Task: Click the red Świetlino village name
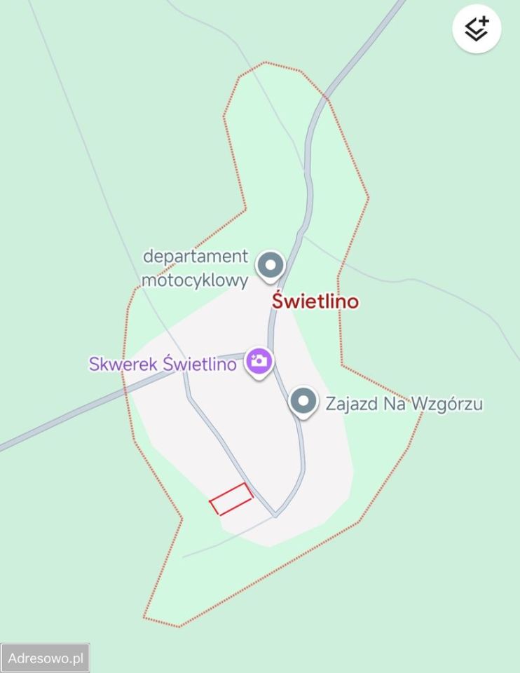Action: point(315,301)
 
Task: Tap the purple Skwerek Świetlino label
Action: point(162,365)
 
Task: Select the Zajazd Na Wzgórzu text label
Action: point(404,404)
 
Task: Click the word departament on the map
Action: point(196,257)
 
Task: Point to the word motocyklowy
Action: point(195,280)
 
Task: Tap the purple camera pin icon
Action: point(259,362)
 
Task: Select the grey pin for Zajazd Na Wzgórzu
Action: point(303,402)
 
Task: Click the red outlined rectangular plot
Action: point(231,499)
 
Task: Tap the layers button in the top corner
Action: point(477,29)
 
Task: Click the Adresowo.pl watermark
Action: point(46,658)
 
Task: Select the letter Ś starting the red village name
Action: point(278,301)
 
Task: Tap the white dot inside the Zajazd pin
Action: point(303,401)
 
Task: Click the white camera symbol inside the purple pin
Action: point(259,361)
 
